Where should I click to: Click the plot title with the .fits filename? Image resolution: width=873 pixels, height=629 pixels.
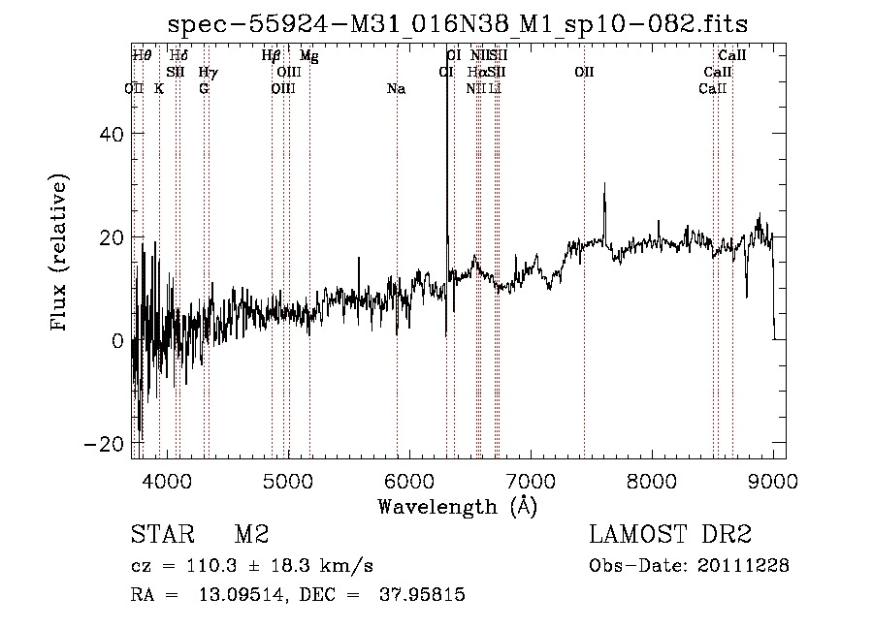pyautogui.click(x=457, y=23)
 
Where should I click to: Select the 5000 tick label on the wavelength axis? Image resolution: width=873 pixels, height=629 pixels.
pyautogui.click(x=288, y=480)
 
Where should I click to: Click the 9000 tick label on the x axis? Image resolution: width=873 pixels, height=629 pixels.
pyautogui.click(x=773, y=480)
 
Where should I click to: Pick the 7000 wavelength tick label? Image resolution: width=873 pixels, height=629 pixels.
pyautogui.click(x=531, y=480)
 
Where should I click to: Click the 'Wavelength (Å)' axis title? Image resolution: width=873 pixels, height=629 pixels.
pyautogui.click(x=457, y=506)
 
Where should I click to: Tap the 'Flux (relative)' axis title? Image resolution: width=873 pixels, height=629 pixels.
pyautogui.click(x=60, y=253)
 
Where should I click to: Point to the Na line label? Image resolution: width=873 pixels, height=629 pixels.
pyautogui.click(x=396, y=89)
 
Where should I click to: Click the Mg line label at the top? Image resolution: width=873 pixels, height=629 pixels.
pyautogui.click(x=308, y=56)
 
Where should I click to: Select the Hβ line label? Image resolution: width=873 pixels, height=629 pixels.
pyautogui.click(x=272, y=56)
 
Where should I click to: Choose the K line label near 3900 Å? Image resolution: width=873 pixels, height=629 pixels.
pyautogui.click(x=159, y=89)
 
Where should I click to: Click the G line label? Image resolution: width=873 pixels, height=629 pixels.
pyautogui.click(x=204, y=89)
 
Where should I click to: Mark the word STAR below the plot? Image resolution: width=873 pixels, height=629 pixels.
pyautogui.click(x=162, y=535)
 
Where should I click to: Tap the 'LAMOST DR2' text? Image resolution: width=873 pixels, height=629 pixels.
pyautogui.click(x=670, y=535)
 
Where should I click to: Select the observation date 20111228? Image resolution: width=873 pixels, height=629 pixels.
pyautogui.click(x=747, y=565)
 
